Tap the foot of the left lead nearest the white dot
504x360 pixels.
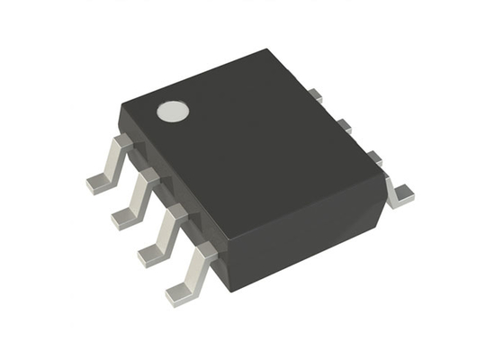(98, 183)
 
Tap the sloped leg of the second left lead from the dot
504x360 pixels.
(139, 193)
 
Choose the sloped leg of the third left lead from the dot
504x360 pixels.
(167, 229)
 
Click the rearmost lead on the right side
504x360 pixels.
(314, 94)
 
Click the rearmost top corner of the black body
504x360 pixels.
(268, 49)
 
